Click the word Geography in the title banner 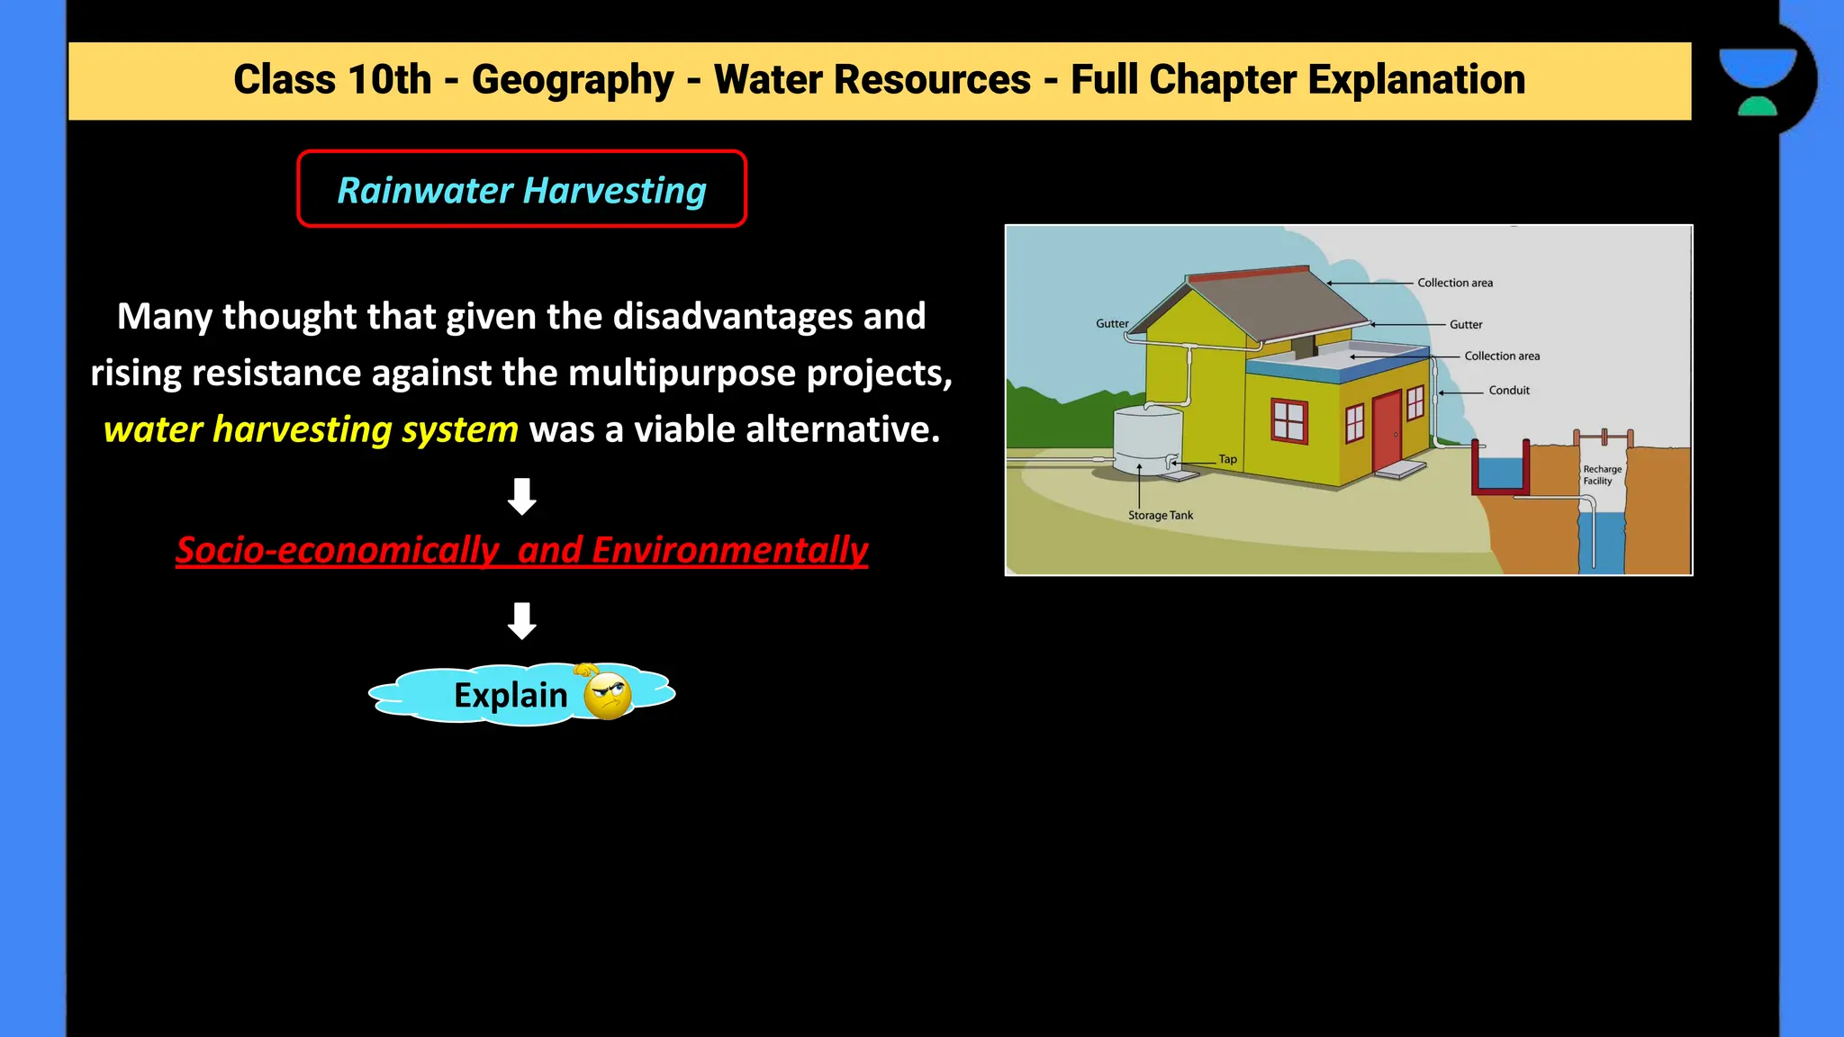click(573, 79)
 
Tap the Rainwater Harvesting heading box click(521, 189)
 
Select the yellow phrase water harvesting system click(311, 429)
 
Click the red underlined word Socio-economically click(337, 550)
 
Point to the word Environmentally click(729, 550)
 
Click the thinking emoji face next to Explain click(608, 695)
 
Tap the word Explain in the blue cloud click(511, 695)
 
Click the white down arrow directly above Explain click(522, 620)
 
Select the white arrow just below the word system click(522, 496)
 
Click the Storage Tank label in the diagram click(1161, 516)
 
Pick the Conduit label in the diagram click(1509, 391)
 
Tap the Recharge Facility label click(1602, 475)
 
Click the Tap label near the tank click(1227, 459)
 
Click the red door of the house click(1387, 432)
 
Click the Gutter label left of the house click(1112, 324)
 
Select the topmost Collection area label click(1455, 283)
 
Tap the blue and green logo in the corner click(1758, 81)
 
